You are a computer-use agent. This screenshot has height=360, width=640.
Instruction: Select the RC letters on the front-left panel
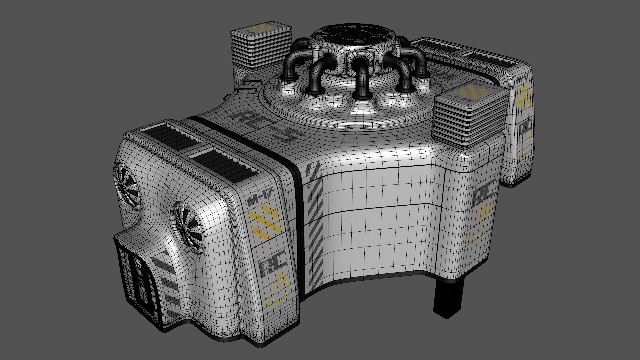point(273,263)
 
